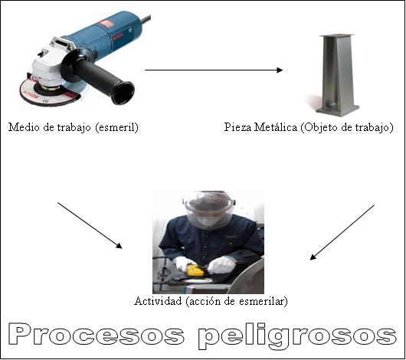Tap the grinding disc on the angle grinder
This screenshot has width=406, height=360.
point(49,93)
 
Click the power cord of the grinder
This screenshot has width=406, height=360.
point(146,18)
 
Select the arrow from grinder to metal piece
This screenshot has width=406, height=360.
point(214,70)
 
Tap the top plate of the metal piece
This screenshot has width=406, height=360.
point(336,36)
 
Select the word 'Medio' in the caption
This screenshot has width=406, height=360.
point(24,127)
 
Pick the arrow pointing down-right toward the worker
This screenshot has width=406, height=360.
point(90,225)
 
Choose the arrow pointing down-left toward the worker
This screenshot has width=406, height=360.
point(342,232)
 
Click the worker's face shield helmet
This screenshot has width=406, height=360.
point(209,209)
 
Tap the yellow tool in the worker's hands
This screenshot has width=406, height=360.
point(195,270)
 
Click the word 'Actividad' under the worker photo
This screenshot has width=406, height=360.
point(158,301)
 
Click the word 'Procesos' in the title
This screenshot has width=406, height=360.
point(96,335)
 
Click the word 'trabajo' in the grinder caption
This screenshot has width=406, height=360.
point(74,128)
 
